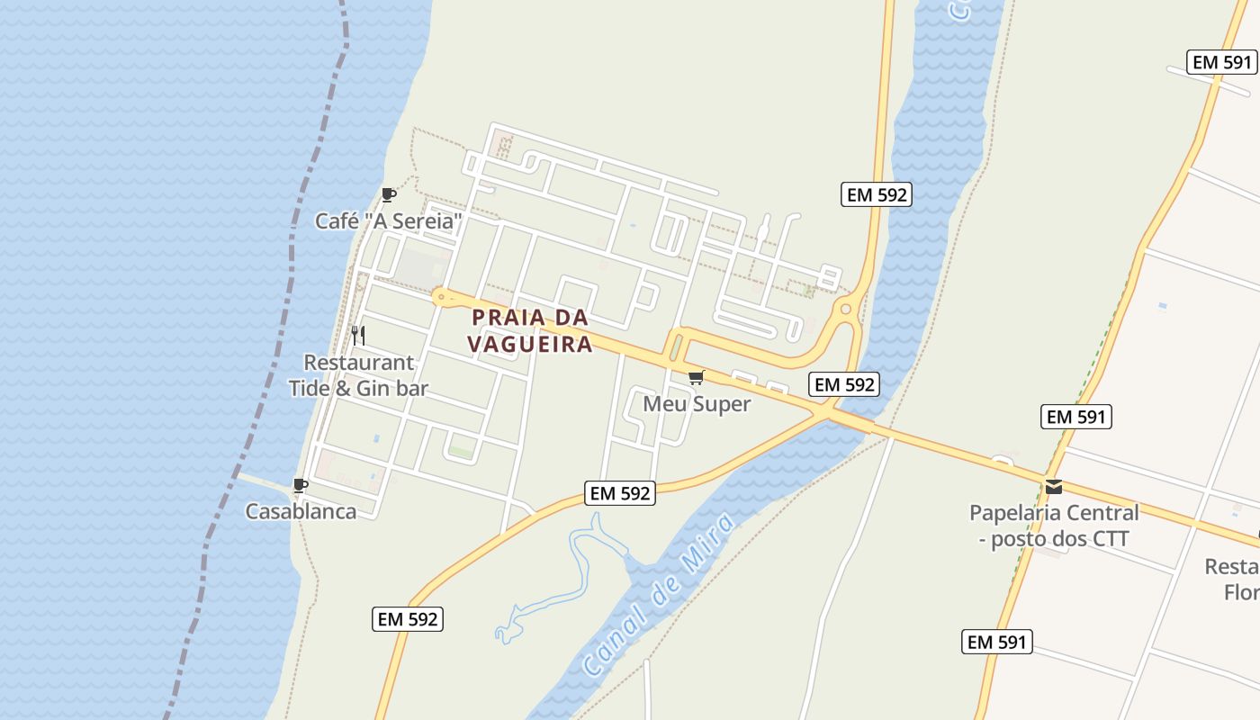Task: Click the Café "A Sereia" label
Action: tap(388, 220)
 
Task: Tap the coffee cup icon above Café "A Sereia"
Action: tap(388, 194)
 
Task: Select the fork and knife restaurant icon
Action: tap(358, 336)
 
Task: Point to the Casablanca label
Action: tap(301, 511)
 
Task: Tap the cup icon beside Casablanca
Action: tap(301, 486)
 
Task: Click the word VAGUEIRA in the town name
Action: tap(530, 344)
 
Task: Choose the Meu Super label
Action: tap(697, 404)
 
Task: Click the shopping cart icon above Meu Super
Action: tap(696, 377)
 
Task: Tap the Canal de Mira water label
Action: tap(660, 594)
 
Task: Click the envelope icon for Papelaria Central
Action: tap(1054, 487)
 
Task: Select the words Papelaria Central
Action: tap(1054, 513)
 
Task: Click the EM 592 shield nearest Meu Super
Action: tap(843, 384)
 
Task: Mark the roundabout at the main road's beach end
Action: tap(439, 295)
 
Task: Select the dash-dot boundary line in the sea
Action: tap(297, 225)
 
